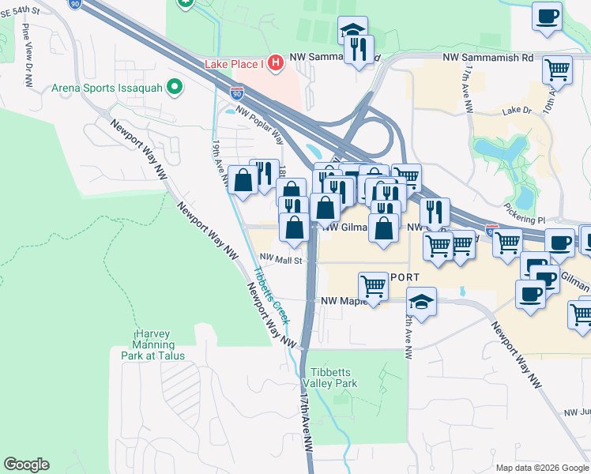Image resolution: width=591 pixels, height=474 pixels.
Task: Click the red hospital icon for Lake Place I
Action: point(275,62)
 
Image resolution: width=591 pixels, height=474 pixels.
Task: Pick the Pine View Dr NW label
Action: point(27,49)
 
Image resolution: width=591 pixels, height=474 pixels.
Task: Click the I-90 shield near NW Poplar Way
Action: point(238,93)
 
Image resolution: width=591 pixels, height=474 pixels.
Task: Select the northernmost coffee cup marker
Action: point(547,17)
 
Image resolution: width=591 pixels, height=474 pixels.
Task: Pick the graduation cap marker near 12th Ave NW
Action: point(422,302)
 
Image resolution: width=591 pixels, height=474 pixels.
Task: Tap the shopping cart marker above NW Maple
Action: point(373,286)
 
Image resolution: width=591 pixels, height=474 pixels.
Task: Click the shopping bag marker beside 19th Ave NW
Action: point(242,180)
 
